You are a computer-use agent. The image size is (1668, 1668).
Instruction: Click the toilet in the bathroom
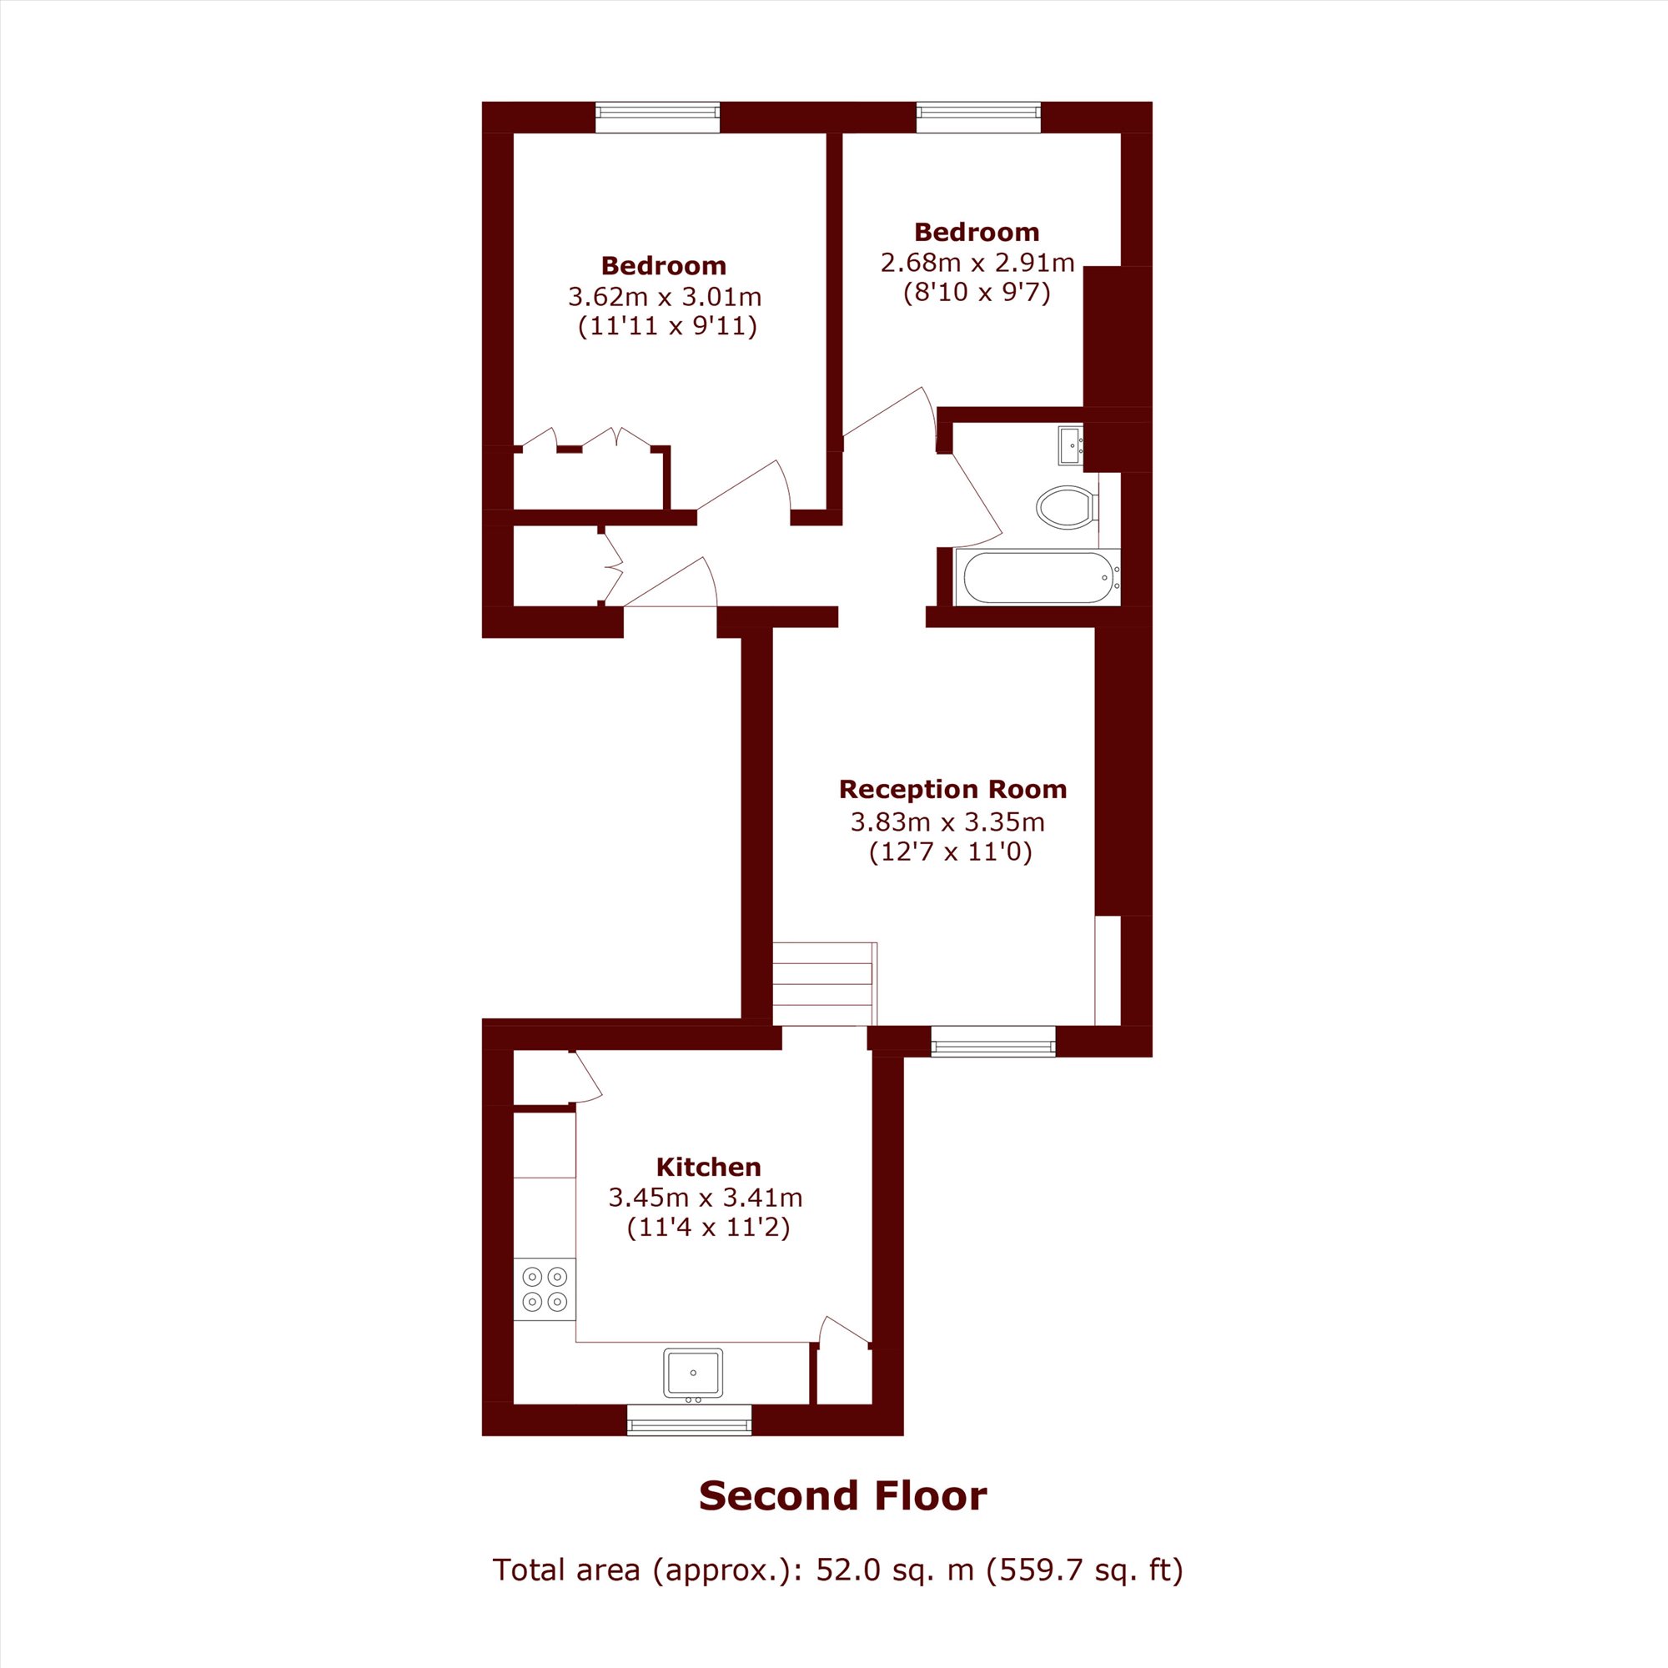[1068, 508]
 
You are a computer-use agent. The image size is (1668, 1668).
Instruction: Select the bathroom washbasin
[1072, 445]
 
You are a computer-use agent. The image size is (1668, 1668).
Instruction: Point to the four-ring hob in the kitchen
[545, 1289]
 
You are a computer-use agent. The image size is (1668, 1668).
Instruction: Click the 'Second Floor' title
[842, 1496]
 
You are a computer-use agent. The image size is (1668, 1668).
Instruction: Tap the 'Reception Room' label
[952, 789]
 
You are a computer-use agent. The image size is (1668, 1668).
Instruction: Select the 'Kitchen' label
[709, 1167]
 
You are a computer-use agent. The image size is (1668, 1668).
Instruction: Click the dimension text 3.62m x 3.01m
[665, 297]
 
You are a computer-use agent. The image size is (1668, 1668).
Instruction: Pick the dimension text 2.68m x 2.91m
[977, 263]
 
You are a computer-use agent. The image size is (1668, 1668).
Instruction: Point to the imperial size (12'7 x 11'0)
[951, 852]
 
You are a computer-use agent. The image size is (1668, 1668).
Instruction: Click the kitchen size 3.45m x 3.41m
[706, 1198]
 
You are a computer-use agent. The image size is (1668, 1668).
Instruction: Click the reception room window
[992, 1041]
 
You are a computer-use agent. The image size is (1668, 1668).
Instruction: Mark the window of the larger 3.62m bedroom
[657, 118]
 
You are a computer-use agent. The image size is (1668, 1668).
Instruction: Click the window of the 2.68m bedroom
[978, 118]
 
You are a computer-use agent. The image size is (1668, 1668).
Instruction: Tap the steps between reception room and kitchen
[825, 984]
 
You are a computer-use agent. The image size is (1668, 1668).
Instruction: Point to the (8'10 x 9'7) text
[977, 294]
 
